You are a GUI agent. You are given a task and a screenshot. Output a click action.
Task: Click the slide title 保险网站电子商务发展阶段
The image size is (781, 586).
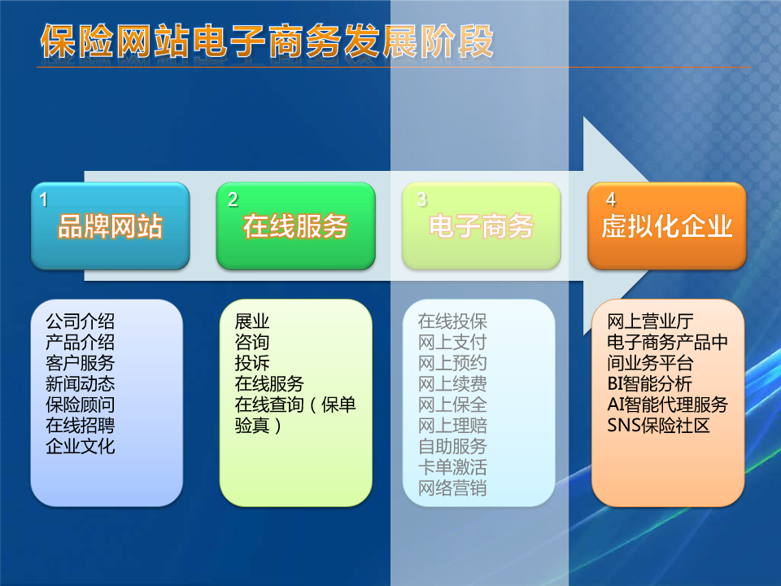tap(267, 42)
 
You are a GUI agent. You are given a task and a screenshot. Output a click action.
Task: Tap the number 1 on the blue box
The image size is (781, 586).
tap(43, 200)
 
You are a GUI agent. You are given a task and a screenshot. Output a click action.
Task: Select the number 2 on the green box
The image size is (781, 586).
tap(233, 200)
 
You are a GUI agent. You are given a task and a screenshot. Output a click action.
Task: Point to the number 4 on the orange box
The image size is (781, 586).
tap(611, 200)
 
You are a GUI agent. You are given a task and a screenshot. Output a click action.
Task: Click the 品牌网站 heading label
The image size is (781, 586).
tap(110, 226)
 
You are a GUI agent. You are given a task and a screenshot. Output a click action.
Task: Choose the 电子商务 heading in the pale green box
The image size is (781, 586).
tap(481, 226)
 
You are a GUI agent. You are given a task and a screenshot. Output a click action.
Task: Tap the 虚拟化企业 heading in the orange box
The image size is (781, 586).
tap(667, 226)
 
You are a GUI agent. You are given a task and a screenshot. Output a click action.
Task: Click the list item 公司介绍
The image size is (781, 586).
tap(81, 321)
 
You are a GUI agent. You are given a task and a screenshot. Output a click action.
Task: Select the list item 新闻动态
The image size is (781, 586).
tap(81, 383)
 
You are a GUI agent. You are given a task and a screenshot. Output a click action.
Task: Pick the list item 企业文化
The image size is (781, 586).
tap(81, 447)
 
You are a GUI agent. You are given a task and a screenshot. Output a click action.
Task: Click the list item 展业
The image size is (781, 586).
tap(252, 321)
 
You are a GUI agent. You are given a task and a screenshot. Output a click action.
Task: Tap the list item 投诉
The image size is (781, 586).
tap(252, 363)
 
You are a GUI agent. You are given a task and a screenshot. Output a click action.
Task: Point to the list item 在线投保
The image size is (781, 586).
tap(452, 321)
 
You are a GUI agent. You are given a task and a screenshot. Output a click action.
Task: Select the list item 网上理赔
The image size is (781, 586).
tap(452, 426)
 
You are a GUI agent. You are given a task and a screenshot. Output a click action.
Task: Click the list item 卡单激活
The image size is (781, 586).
tap(452, 467)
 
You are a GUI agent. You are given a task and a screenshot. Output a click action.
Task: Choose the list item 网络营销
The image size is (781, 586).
tap(452, 488)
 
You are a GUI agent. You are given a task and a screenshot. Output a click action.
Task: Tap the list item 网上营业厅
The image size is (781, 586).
tap(650, 321)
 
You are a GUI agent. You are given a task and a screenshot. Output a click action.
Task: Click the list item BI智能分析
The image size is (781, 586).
tap(649, 383)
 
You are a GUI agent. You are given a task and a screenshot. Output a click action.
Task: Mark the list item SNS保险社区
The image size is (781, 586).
tap(658, 426)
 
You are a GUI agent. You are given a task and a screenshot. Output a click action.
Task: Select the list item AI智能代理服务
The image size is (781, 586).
tap(667, 405)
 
